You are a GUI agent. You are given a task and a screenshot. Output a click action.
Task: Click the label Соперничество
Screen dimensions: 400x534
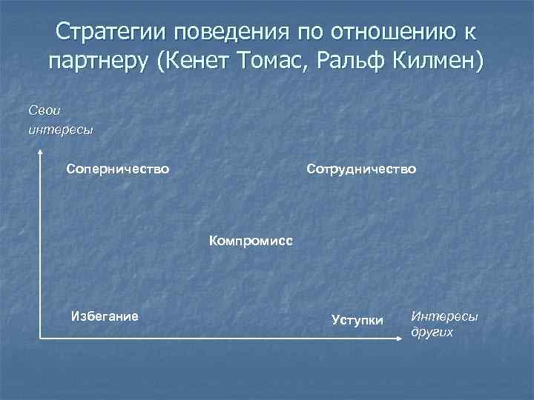point(117,170)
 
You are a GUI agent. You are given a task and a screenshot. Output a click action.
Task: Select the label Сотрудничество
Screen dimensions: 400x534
point(361,170)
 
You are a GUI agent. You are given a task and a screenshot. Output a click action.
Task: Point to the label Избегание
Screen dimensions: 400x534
point(104,316)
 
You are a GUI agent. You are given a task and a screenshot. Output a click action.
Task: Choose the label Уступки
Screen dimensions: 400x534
point(357,320)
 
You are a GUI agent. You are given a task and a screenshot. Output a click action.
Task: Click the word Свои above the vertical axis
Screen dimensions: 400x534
point(44,110)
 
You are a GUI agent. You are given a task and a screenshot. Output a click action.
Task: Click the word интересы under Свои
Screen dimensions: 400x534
point(60,130)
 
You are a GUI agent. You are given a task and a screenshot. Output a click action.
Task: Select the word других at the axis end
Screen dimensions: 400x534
point(432,333)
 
